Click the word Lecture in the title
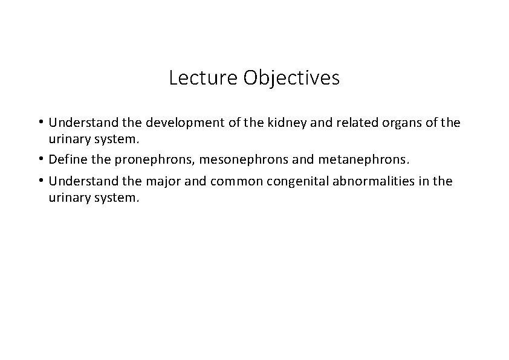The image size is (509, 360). (x=204, y=78)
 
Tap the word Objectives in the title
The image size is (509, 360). (x=291, y=79)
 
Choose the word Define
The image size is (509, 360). (x=68, y=159)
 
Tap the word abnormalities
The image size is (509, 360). (x=371, y=182)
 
